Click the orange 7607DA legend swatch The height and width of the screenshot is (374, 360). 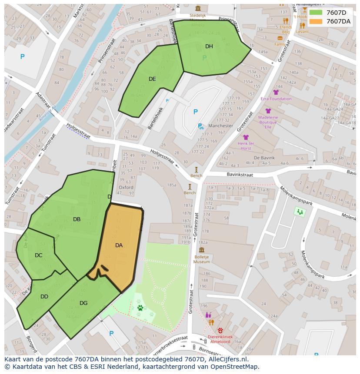316,21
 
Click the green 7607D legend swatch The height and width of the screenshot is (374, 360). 316,13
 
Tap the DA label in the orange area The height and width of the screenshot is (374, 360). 119,245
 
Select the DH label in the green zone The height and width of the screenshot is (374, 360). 209,46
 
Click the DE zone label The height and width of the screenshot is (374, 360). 152,79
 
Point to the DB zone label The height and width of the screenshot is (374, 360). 77,219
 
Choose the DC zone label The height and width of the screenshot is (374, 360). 39,255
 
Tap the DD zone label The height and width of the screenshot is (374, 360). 44,297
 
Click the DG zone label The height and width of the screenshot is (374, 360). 83,303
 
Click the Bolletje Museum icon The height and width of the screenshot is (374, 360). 201,250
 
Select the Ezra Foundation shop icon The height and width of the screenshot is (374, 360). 276,92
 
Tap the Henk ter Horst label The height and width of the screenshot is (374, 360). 246,146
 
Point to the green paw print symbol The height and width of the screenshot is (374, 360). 140,308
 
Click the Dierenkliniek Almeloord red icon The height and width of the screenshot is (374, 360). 220,330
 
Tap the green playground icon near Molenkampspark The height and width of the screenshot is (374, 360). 300,212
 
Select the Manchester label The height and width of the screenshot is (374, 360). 220,126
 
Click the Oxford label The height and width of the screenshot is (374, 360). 126,188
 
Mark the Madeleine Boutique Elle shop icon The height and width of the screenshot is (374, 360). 268,111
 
